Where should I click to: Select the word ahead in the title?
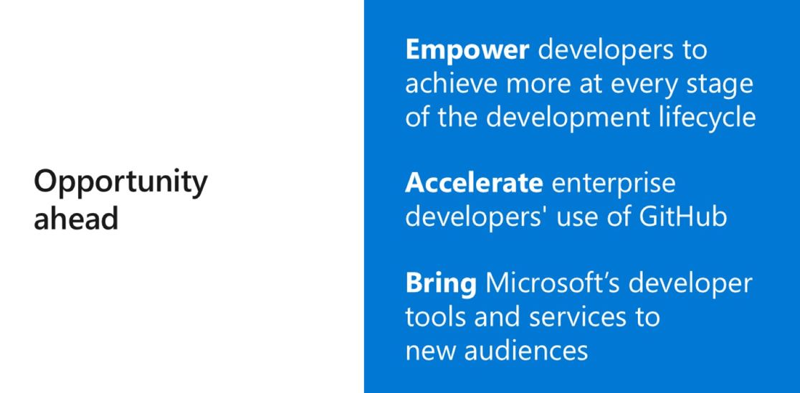(76, 219)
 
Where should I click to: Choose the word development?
(566, 118)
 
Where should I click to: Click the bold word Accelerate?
(474, 183)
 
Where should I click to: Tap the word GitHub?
(682, 217)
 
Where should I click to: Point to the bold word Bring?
(441, 285)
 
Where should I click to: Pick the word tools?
(435, 316)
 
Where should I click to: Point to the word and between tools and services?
(497, 316)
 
